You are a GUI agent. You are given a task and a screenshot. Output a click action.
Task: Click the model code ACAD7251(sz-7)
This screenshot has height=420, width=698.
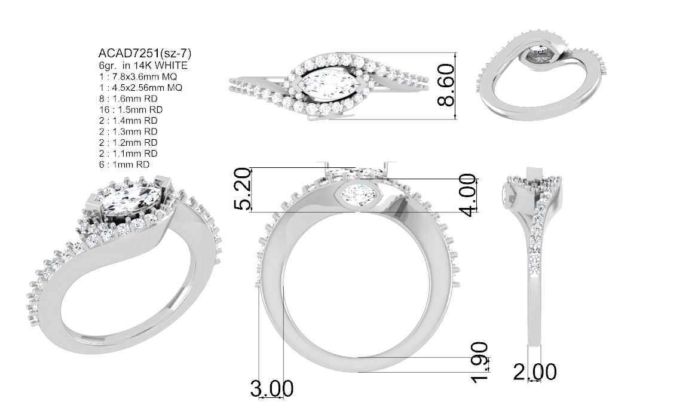click(x=145, y=54)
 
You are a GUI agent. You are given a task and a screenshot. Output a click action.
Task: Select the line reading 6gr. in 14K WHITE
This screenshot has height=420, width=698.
click(x=143, y=65)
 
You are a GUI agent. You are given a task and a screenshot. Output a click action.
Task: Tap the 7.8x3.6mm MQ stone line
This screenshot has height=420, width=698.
click(x=139, y=76)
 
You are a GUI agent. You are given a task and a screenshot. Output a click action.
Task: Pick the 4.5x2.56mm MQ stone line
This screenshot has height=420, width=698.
click(x=140, y=88)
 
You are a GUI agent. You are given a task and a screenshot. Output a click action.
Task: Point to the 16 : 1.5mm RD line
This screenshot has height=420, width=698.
click(x=131, y=109)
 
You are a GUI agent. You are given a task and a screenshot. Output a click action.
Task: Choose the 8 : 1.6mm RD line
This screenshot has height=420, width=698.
click(x=128, y=99)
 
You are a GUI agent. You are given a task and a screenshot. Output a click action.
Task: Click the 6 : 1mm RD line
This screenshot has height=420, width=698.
click(x=124, y=164)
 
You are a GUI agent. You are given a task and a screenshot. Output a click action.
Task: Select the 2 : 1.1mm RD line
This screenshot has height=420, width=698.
click(x=128, y=154)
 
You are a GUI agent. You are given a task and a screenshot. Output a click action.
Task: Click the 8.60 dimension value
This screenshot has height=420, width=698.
click(x=446, y=85)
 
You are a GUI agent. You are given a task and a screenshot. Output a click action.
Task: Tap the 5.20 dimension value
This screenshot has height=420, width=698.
click(x=243, y=189)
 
